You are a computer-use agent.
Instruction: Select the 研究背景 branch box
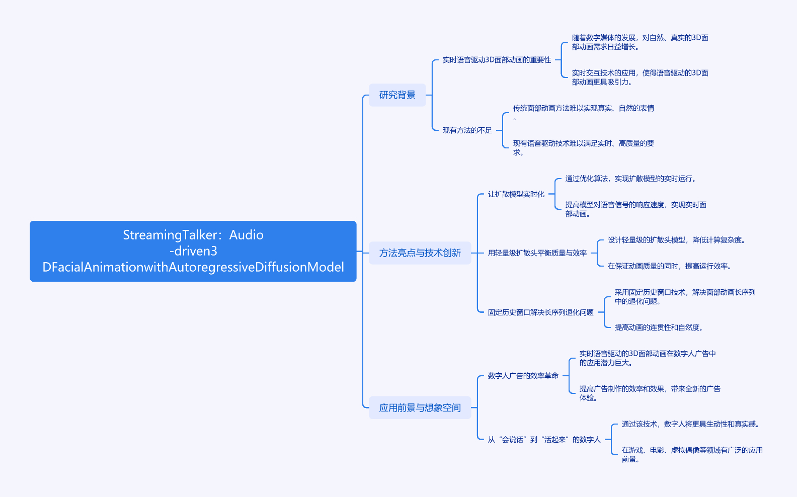(397, 95)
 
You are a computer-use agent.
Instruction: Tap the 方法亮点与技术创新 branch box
(420, 253)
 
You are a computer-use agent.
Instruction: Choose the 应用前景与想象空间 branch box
(420, 408)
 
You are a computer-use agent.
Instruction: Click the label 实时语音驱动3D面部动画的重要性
(497, 60)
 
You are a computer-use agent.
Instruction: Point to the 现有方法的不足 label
(467, 130)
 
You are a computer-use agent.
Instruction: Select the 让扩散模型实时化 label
(516, 194)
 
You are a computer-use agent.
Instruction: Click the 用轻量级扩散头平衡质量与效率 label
(537, 253)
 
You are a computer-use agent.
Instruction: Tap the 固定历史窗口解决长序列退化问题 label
(540, 312)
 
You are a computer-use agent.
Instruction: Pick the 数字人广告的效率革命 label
(523, 376)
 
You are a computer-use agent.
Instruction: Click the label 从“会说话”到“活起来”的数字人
(544, 440)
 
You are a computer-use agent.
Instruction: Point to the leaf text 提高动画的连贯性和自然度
(658, 327)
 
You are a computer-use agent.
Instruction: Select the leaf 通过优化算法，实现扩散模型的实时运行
(630, 179)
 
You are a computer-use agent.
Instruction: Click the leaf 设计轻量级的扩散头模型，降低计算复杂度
(676, 240)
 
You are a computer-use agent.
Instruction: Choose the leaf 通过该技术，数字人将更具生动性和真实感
(690, 424)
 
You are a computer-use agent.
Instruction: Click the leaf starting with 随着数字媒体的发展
(640, 42)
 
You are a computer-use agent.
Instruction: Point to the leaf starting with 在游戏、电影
(692, 454)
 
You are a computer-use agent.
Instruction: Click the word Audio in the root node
(246, 235)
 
